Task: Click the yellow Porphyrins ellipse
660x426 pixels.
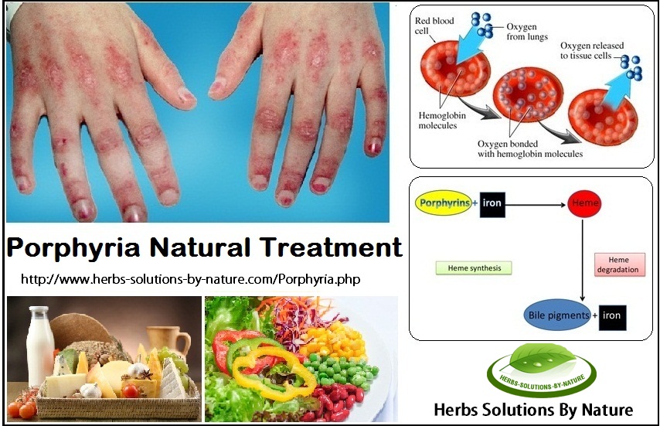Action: point(444,203)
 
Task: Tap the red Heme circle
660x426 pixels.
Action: point(584,204)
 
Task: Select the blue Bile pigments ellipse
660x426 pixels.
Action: point(557,315)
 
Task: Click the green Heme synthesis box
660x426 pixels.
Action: point(474,268)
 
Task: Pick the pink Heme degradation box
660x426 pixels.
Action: point(620,264)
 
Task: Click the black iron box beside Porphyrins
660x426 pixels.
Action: point(492,204)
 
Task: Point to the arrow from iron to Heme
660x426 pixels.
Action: point(536,205)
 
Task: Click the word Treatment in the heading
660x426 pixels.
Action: point(331,247)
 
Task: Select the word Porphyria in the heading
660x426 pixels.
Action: point(73,248)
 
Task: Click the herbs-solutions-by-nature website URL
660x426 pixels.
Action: point(190,279)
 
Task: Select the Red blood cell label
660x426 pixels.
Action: point(434,26)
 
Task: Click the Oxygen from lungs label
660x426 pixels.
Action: point(527,32)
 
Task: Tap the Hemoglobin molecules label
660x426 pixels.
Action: point(442,121)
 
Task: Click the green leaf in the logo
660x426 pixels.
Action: point(543,356)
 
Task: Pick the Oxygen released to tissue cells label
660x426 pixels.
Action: point(592,50)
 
